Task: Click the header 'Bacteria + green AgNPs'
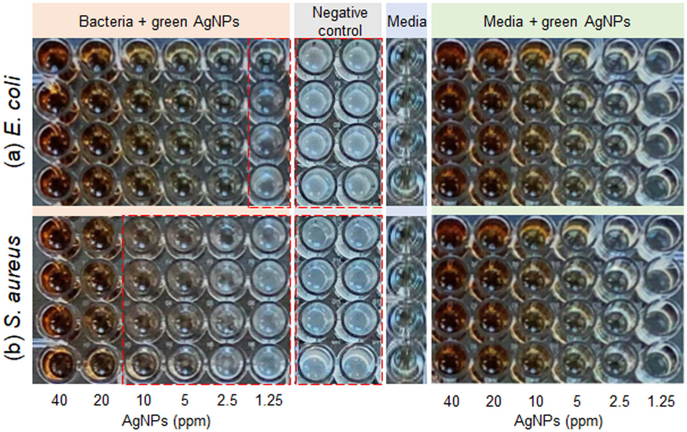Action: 159,22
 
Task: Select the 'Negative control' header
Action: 340,22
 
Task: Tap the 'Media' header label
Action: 406,22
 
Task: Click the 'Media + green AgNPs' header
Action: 557,22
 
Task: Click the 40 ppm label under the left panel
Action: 59,400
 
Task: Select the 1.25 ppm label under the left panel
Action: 269,400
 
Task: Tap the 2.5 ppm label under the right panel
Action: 619,401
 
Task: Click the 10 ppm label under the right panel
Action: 536,401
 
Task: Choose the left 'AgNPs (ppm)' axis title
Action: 166,420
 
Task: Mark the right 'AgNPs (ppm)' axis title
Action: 558,420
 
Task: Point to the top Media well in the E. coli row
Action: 406,58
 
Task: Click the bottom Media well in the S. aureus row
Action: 406,363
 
